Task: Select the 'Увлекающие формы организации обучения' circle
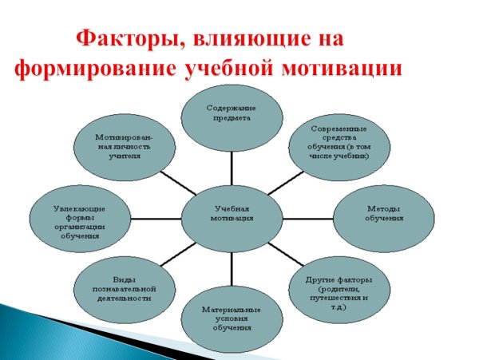coord(79,220)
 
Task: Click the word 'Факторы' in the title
coord(121,38)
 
